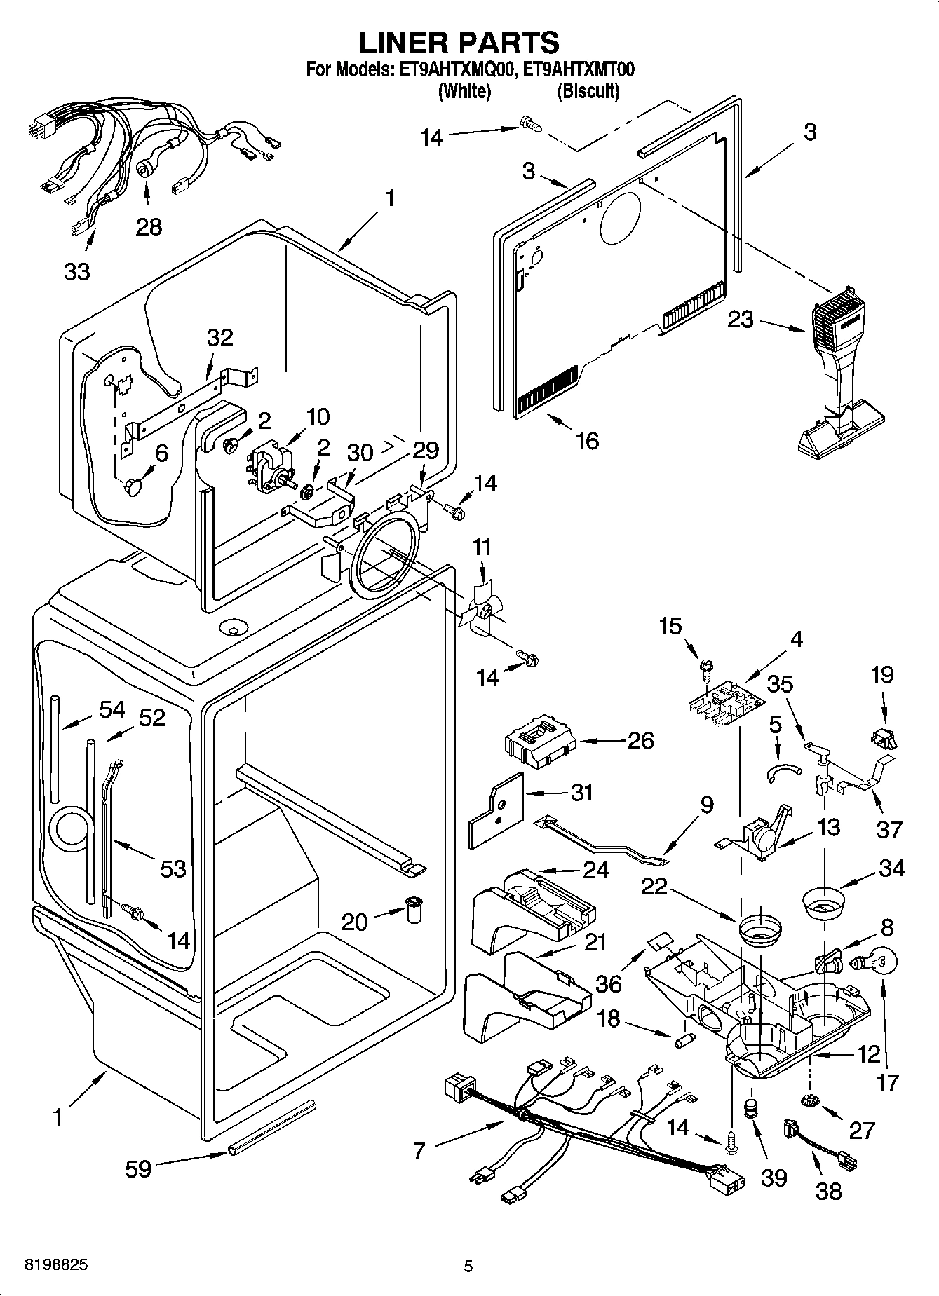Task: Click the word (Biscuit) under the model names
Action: (x=588, y=91)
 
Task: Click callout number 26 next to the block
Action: (x=640, y=740)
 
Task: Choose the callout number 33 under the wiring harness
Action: (x=76, y=271)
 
